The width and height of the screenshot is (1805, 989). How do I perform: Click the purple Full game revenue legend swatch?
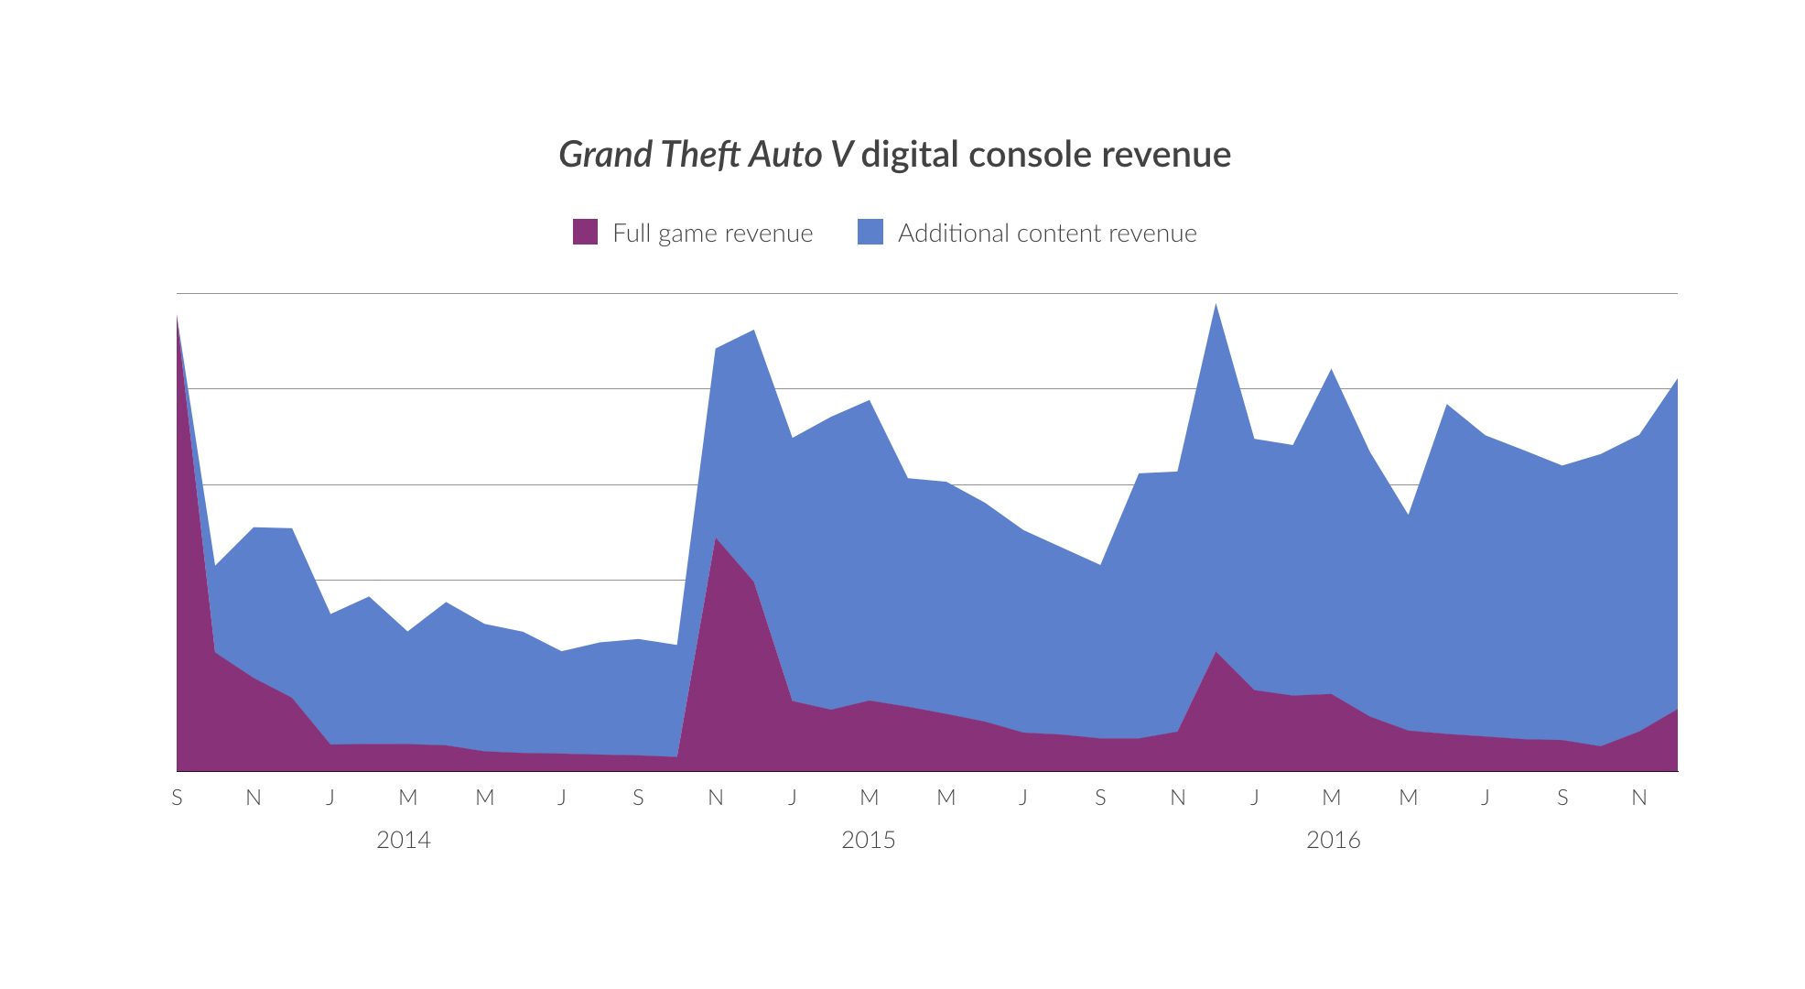585,232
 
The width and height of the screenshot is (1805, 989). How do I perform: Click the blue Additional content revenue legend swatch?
870,232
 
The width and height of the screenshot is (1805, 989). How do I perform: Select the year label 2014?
403,840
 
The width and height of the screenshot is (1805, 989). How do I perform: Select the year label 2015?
868,840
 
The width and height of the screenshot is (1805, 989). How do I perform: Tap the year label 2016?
1333,840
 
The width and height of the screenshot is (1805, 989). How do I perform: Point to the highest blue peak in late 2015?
1216,306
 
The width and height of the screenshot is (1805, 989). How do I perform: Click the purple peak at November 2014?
716,539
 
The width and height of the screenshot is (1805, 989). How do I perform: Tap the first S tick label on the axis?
177,798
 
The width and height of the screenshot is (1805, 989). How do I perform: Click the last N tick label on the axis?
1638,798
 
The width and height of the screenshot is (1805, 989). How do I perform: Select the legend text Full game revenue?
712,234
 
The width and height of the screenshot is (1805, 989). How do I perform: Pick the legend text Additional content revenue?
1046,234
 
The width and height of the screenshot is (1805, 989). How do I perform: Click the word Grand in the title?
605,155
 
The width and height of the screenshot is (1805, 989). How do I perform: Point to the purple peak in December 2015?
1216,654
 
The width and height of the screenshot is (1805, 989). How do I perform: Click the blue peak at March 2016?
1331,372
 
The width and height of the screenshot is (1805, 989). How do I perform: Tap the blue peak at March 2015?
869,402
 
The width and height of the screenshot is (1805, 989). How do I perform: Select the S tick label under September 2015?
1100,798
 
